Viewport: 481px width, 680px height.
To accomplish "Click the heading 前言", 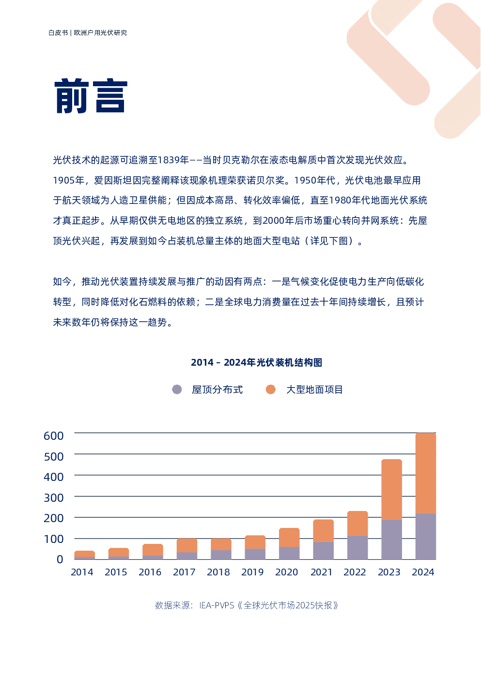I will [91, 96].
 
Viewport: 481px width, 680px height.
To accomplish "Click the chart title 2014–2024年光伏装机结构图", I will [256, 362].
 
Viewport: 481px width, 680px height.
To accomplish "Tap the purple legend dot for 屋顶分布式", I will [177, 389].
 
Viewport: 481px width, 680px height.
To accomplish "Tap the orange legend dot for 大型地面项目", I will [271, 389].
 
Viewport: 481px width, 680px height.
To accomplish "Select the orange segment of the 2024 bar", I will [426, 473].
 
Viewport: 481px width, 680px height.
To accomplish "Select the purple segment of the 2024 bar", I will [426, 536].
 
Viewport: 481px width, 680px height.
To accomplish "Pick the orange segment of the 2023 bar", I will [391, 489].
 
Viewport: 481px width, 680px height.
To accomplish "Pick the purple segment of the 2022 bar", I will [357, 547].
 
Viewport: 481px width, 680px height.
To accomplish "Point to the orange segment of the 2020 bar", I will [289, 538].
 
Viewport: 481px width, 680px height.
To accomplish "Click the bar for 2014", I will [84, 555].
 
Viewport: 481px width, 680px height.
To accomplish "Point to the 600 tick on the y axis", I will [54, 436].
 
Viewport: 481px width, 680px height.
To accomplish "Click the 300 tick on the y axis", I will [54, 497].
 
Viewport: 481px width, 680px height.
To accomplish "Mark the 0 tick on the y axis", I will [60, 559].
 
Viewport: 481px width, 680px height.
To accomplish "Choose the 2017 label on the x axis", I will [184, 572].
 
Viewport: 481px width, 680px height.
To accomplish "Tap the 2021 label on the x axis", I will [321, 572].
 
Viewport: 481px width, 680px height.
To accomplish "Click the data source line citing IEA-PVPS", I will [247, 605].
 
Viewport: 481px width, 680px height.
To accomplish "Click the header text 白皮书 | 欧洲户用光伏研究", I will [88, 33].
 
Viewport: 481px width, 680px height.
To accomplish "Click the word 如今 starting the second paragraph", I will [62, 281].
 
